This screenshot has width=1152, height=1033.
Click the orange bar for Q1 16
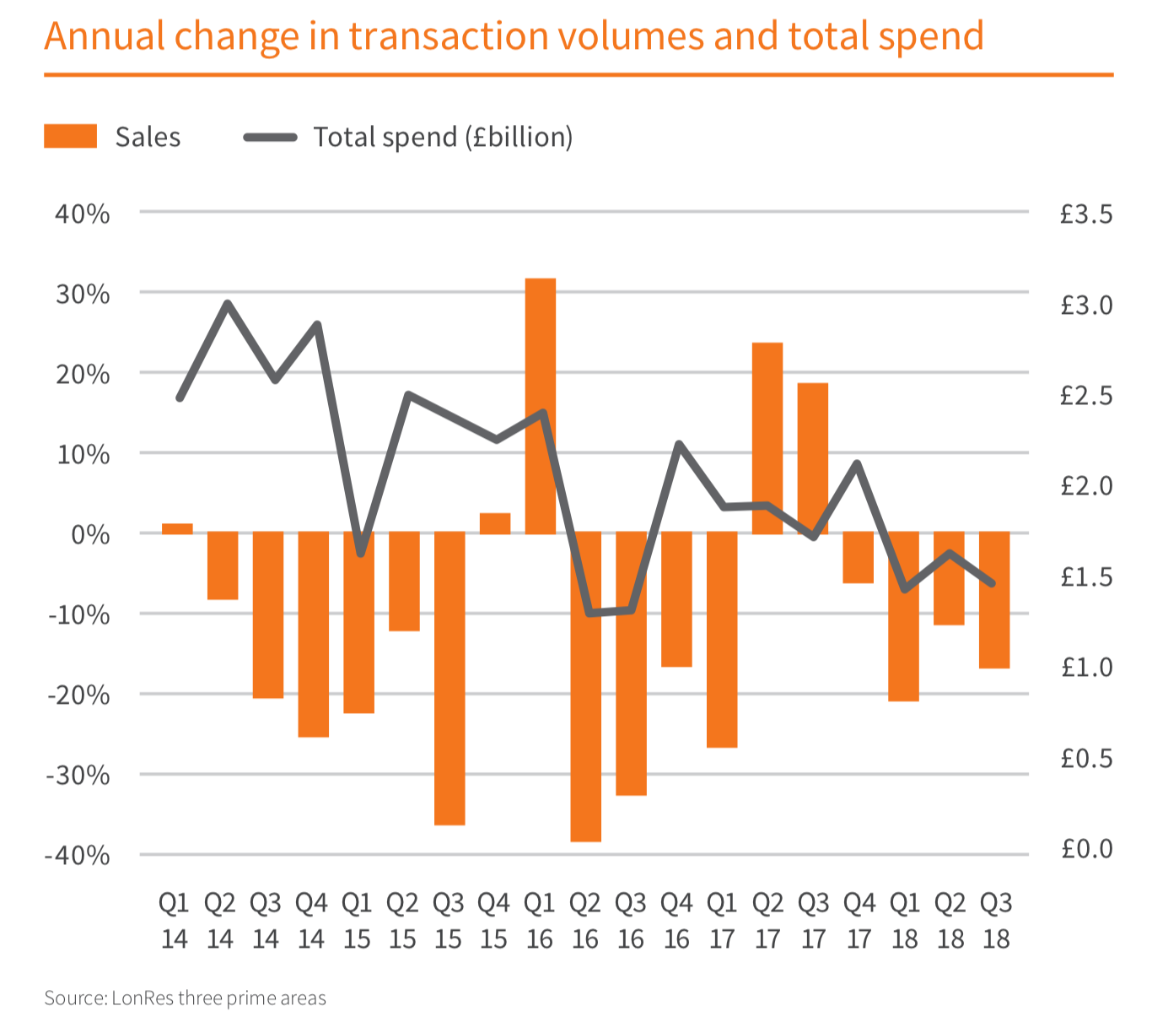point(540,406)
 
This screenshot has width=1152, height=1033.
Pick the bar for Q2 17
point(767,438)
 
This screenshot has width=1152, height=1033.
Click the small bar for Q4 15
point(495,523)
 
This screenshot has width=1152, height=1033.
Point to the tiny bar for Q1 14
point(177,529)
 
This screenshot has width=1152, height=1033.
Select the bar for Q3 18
point(994,600)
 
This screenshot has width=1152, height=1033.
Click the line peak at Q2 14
point(227,303)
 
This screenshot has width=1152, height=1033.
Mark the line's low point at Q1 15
point(360,554)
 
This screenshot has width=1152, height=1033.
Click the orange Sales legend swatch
point(71,137)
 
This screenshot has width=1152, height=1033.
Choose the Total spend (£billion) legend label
point(443,137)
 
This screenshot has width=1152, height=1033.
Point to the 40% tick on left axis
point(82,214)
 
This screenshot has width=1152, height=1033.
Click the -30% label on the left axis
point(78,775)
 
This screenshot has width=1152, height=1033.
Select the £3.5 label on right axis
point(1086,214)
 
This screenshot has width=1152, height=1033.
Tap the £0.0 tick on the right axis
point(1086,848)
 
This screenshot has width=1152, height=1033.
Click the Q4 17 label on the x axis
point(859,921)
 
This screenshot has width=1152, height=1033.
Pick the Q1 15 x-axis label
point(357,921)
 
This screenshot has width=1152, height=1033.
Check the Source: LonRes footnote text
point(185,998)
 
